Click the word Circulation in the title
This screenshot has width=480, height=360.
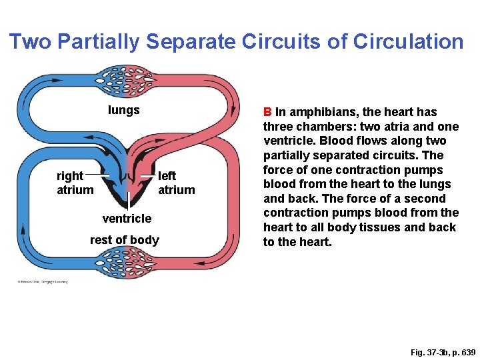(x=408, y=42)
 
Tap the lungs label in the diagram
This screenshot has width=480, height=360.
(x=124, y=110)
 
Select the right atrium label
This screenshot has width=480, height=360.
(x=74, y=183)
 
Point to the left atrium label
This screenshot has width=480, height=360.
(x=176, y=183)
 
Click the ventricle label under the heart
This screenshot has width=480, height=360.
(x=127, y=218)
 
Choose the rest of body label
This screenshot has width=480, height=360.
(x=125, y=240)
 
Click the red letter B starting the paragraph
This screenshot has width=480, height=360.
(x=267, y=112)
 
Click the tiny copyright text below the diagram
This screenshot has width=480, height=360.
(x=43, y=281)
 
